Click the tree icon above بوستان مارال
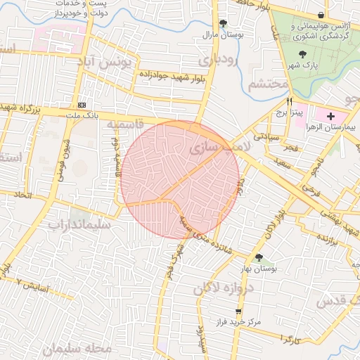(x=223, y=23)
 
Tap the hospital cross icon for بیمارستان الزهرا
(x=331, y=115)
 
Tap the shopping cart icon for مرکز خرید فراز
(x=239, y=311)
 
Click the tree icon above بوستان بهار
(x=259, y=258)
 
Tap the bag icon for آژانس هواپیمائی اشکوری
(x=321, y=15)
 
